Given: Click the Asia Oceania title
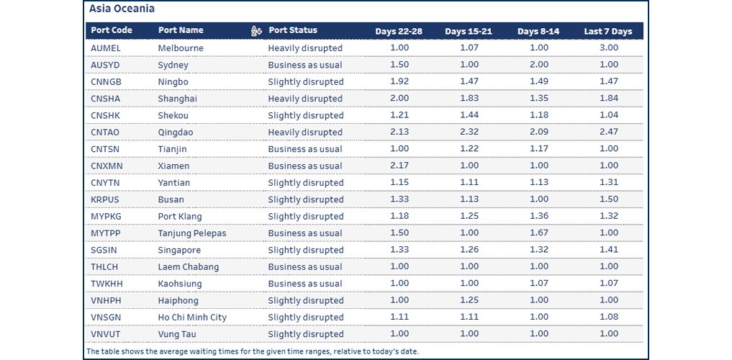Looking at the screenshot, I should [x=122, y=9].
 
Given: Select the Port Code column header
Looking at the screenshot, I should [x=112, y=30].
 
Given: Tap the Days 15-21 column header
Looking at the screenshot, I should [x=469, y=31].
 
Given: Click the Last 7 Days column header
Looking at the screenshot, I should [x=607, y=31].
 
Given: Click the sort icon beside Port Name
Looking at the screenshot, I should [x=256, y=30].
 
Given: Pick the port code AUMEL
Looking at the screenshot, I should [x=106, y=48].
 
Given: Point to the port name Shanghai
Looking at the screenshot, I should [x=177, y=99].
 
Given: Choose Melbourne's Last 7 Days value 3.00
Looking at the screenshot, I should [x=609, y=48].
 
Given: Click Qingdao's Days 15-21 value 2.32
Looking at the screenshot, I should [x=469, y=132].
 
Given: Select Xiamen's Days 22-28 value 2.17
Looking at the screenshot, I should [x=399, y=166].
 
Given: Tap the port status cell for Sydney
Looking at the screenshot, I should [x=305, y=65].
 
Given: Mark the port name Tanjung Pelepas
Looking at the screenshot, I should [x=191, y=233].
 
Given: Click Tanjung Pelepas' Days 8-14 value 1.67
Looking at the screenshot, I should [x=538, y=233].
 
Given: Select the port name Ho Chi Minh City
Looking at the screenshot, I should [x=192, y=318].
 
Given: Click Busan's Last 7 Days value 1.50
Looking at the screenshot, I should [x=609, y=199].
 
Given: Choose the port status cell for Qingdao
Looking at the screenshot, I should [x=305, y=132].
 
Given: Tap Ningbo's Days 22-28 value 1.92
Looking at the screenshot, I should [x=399, y=82].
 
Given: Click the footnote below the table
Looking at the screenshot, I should [x=252, y=351].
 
